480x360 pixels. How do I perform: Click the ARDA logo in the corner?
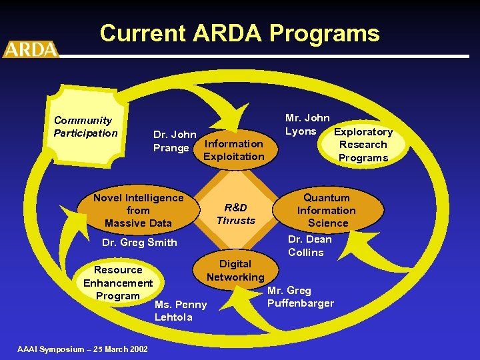point(31,49)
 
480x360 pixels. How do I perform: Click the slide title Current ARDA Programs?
point(239,33)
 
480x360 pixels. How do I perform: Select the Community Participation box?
point(85,127)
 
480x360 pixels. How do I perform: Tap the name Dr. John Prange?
point(174,141)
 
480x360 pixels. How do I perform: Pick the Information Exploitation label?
point(233,150)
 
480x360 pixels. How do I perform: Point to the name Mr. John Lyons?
point(307,125)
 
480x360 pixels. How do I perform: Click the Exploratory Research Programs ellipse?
point(363,145)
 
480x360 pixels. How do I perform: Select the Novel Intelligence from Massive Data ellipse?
point(138,210)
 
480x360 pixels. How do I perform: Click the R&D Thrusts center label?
point(236,214)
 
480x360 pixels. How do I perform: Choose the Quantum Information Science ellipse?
point(327,210)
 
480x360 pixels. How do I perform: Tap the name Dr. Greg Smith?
point(139,242)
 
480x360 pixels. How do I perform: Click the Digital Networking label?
point(235,270)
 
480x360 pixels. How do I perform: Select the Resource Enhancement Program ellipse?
point(118,283)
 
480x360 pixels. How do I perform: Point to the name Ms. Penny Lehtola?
point(181,311)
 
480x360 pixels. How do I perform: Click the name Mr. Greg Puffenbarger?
point(300,297)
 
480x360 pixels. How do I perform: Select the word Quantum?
point(327,197)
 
